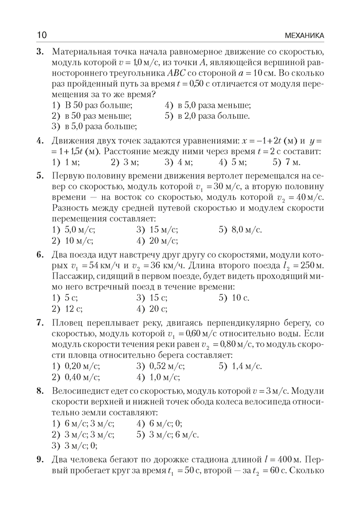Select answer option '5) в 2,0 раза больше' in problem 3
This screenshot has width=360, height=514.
(x=207, y=116)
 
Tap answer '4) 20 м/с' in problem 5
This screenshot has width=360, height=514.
(x=157, y=240)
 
